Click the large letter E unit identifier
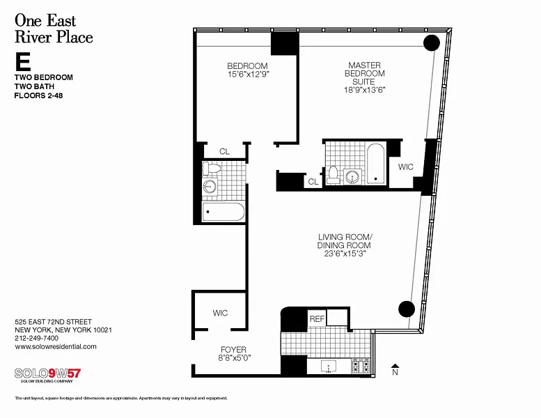[22, 61]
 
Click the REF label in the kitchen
[317, 318]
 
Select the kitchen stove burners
[361, 366]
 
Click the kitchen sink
[329, 366]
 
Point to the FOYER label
[233, 350]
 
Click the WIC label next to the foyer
[220, 313]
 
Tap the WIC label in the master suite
[405, 167]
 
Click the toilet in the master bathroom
[333, 175]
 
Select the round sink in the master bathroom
[352, 177]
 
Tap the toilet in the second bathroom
[211, 168]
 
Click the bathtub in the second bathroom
[224, 212]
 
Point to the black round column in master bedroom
[431, 43]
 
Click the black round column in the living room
[407, 309]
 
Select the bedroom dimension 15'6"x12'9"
[248, 75]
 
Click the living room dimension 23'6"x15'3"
[345, 254]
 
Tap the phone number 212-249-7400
[37, 339]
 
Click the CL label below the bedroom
[224, 152]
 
